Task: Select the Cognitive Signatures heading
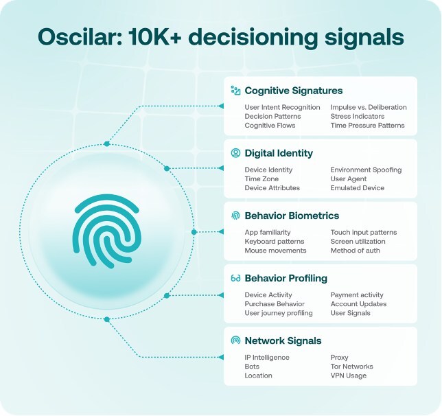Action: tap(293, 91)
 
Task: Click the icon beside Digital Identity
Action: tap(235, 153)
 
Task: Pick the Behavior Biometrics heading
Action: tap(292, 216)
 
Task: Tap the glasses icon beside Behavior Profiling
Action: tap(235, 279)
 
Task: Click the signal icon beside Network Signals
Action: tap(235, 340)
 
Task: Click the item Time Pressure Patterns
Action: tap(367, 125)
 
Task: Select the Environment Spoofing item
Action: tap(366, 170)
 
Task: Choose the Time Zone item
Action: tap(261, 178)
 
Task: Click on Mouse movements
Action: tap(275, 251)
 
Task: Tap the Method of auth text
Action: tap(355, 251)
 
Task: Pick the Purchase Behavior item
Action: tap(275, 304)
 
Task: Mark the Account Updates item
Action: tap(358, 304)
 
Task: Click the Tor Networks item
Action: tap(351, 367)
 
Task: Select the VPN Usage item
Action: tap(349, 375)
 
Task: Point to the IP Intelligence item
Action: tap(267, 358)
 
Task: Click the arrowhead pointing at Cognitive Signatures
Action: tap(220, 106)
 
